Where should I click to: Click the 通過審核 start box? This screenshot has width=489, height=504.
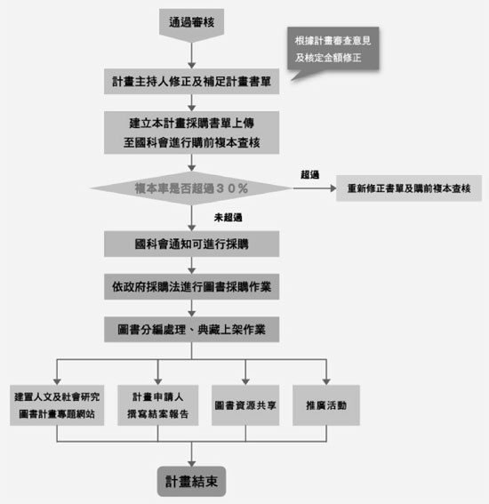(x=192, y=24)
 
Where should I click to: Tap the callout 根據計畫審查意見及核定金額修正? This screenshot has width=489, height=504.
(x=333, y=49)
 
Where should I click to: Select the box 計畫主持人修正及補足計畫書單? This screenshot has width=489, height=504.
(x=192, y=81)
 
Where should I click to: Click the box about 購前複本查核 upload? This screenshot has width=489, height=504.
(x=192, y=132)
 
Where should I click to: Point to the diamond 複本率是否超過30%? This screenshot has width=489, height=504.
(x=192, y=188)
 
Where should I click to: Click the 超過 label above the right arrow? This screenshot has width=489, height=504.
(x=309, y=174)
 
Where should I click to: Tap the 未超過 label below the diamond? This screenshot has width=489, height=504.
(x=228, y=218)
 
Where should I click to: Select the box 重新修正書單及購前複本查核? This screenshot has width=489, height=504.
(x=409, y=188)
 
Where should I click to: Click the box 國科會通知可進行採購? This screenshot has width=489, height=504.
(x=192, y=244)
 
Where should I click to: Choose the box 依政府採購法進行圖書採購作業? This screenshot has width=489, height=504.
(x=192, y=287)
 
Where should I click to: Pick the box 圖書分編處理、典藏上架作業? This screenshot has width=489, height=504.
(x=192, y=330)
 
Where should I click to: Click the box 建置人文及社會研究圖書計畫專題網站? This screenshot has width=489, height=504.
(x=57, y=405)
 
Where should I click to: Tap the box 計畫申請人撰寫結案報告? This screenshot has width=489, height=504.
(x=158, y=405)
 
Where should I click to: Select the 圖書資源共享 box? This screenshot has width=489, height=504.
(x=245, y=405)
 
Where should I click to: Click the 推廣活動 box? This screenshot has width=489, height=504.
(x=326, y=405)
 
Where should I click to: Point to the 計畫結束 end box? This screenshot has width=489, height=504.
(x=192, y=481)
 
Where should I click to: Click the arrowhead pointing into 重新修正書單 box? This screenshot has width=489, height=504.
(x=333, y=188)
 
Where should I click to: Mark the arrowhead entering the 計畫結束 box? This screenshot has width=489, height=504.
(x=192, y=464)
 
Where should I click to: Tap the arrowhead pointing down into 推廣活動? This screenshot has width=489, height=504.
(x=326, y=382)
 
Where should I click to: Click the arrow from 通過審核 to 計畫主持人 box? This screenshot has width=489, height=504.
(x=192, y=55)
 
